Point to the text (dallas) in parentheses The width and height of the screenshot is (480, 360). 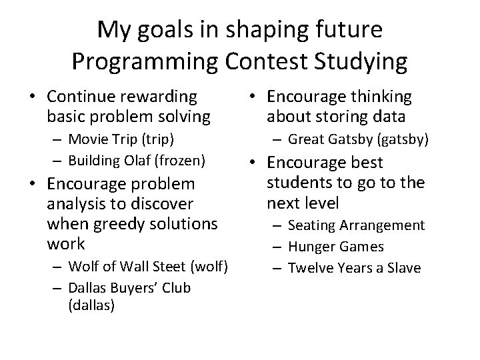[x=91, y=305]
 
